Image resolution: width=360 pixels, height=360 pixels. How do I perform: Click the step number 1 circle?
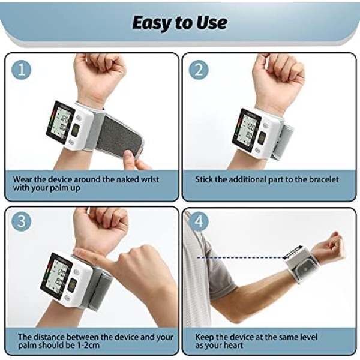pyautogui.click(x=22, y=70)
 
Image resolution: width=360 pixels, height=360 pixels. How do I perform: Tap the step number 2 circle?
pyautogui.click(x=199, y=70)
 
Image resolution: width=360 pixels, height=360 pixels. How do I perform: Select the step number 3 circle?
pyautogui.click(x=22, y=221)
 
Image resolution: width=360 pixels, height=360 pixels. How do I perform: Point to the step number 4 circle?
pyautogui.click(x=199, y=221)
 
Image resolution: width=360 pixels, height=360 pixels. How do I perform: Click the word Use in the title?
pyautogui.click(x=213, y=23)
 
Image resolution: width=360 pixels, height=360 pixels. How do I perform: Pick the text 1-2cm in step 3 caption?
pyautogui.click(x=88, y=345)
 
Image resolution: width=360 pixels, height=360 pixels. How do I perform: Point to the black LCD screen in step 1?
pyautogui.click(x=61, y=122)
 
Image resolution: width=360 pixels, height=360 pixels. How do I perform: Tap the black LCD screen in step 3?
pyautogui.click(x=56, y=276)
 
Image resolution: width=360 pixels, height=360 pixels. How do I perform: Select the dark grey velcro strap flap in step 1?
pyautogui.click(x=119, y=135)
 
